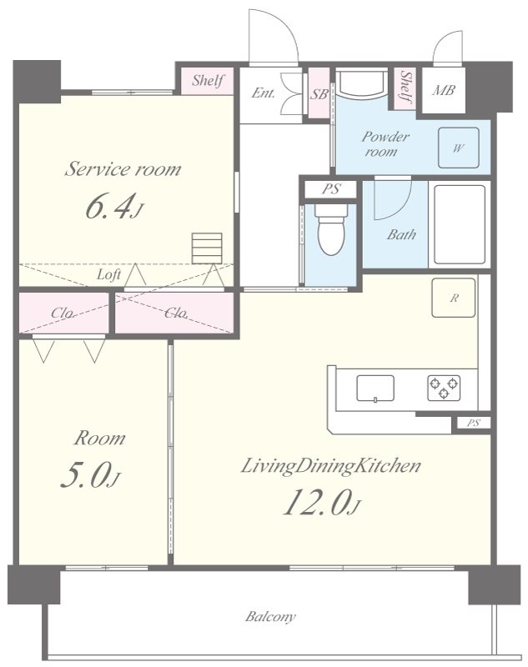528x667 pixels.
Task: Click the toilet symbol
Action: click(x=331, y=229)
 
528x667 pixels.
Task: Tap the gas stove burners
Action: click(x=444, y=388)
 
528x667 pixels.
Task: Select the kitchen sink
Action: click(x=375, y=388)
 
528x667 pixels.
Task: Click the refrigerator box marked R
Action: click(x=454, y=298)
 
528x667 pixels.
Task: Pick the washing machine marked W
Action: click(x=459, y=148)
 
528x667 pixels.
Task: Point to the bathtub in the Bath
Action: click(x=460, y=224)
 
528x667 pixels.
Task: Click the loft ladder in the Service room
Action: click(x=207, y=248)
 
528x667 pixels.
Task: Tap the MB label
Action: click(x=444, y=90)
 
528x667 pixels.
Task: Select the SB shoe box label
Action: click(x=319, y=94)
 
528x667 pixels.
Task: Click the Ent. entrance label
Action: click(x=264, y=93)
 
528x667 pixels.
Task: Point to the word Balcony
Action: click(x=270, y=616)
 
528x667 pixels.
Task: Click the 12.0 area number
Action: click(x=318, y=502)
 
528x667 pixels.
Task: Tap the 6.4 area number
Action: click(x=112, y=207)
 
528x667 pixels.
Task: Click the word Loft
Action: click(x=109, y=275)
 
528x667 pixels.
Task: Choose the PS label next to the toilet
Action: click(x=331, y=188)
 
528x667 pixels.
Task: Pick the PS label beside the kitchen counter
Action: click(x=473, y=423)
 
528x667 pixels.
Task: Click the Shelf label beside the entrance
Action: click(x=208, y=80)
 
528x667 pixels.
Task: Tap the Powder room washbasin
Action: click(x=362, y=84)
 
